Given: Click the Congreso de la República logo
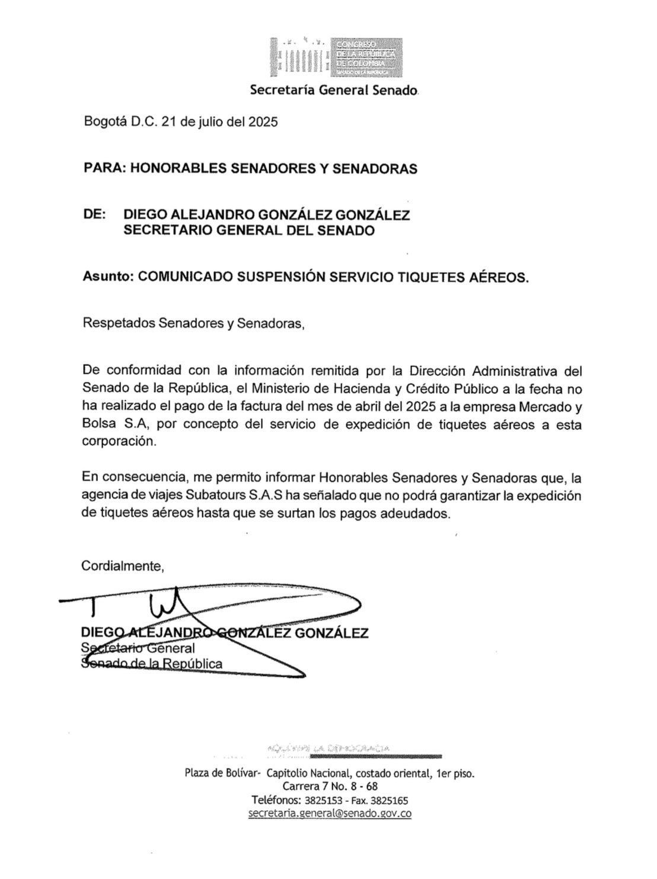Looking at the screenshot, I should click(336, 58).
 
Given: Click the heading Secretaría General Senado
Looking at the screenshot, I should click(334, 91).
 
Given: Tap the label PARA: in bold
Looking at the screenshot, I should click(104, 168).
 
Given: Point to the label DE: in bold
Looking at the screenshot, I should click(94, 214).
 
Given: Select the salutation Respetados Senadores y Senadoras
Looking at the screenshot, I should click(194, 323).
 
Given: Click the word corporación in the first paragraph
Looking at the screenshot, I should click(120, 442).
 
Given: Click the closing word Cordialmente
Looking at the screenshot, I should click(123, 566).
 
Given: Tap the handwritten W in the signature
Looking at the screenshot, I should click(167, 604).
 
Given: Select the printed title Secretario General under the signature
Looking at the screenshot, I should click(138, 648).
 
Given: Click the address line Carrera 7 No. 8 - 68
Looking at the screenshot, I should click(330, 787).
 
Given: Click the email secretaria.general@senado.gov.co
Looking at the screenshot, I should click(330, 813).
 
